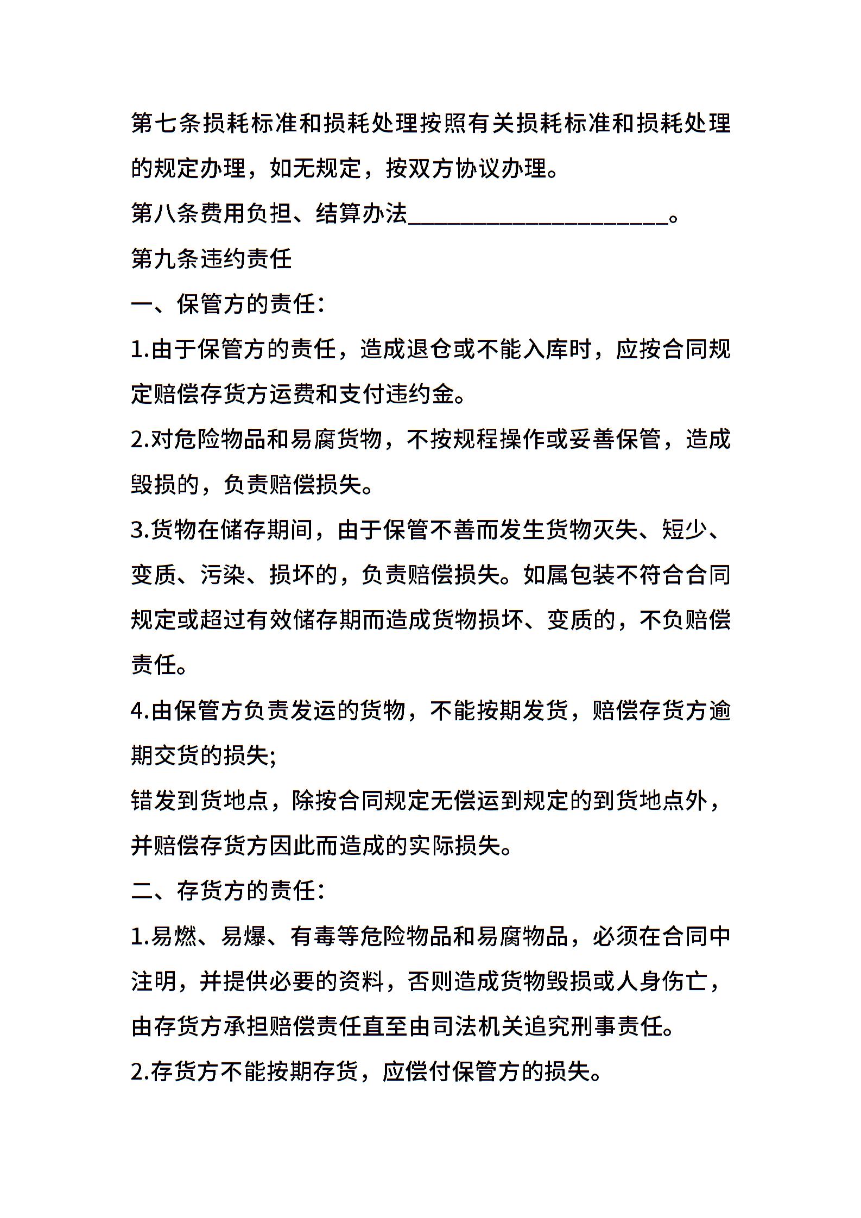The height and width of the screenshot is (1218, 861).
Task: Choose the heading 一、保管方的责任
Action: (227, 304)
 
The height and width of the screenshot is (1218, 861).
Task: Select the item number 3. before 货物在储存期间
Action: (140, 530)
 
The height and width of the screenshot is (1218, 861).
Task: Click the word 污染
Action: (223, 575)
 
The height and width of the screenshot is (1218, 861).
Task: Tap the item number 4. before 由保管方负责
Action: (140, 710)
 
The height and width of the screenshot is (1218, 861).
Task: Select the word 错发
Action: (154, 801)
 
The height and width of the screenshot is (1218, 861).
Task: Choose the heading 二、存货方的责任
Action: (227, 891)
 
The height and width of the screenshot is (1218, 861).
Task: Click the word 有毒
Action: (314, 936)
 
